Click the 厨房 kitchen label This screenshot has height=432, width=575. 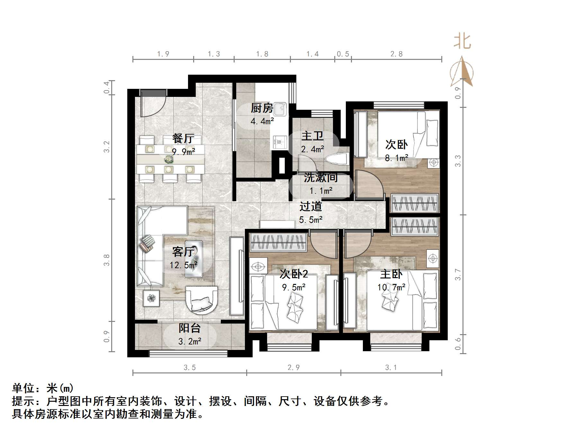coord(262,108)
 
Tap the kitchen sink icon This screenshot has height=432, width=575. coord(280,109)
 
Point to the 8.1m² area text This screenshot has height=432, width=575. coord(396,158)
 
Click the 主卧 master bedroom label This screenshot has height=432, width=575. coord(391,274)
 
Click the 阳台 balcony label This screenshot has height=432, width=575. coord(190,328)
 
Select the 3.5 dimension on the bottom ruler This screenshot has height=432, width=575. coord(190,368)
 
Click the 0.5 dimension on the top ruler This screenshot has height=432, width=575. coord(343,54)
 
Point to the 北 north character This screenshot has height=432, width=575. coord(462,42)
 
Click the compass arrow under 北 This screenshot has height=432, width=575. coord(462,72)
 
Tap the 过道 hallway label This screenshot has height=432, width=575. coord(310,206)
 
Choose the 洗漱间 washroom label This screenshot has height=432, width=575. coord(320,178)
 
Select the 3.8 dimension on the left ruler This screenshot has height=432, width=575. coord(107,260)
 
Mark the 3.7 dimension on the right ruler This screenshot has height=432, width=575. coord(458,275)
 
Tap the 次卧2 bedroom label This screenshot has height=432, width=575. coord(294,274)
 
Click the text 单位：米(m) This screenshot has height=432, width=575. coord(43,388)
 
